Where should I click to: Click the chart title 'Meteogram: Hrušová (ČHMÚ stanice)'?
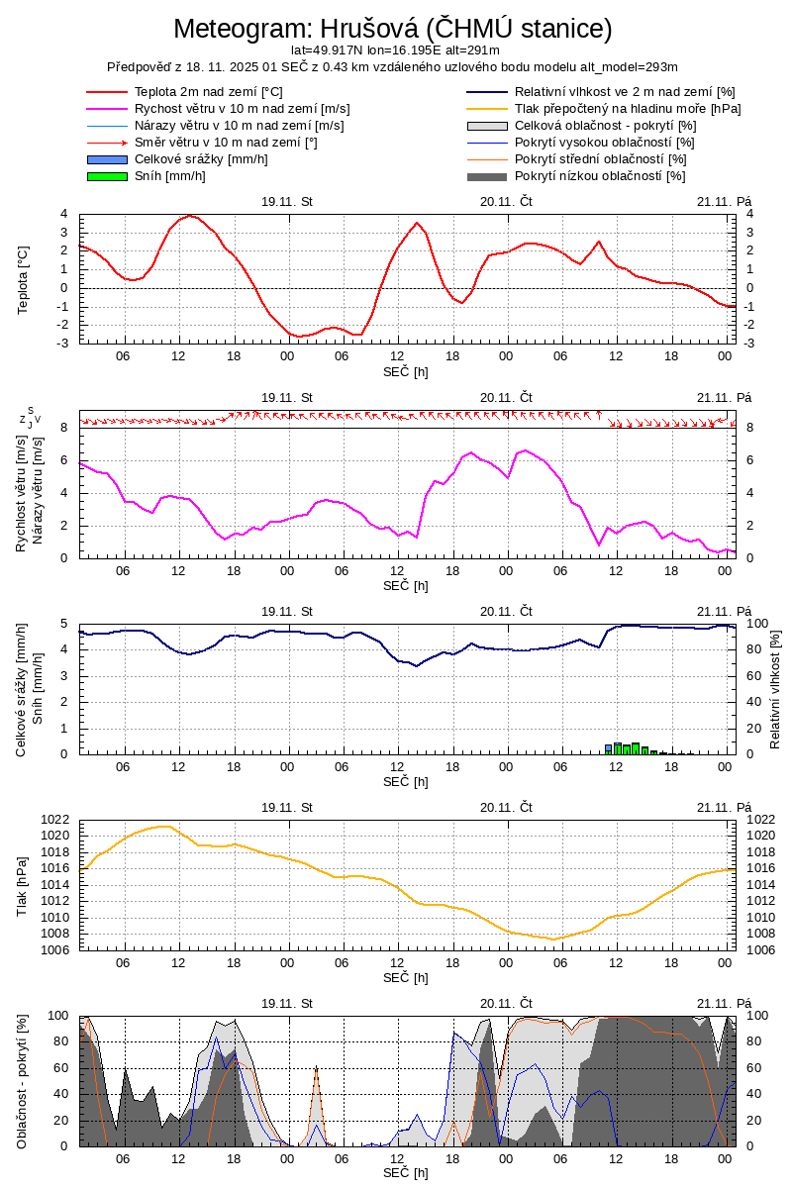393,28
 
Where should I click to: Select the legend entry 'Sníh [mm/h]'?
169,176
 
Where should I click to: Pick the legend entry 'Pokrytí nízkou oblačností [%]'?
600,176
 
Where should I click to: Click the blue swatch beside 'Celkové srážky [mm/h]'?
107,159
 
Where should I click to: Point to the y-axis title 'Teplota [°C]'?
23,278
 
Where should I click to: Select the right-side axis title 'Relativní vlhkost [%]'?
775,688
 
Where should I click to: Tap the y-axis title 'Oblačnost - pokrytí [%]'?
23,1081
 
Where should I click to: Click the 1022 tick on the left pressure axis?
55,820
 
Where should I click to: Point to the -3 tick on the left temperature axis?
63,344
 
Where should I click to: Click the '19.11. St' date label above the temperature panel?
287,201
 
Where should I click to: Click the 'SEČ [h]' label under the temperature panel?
406,371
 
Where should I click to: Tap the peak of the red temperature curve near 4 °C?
190,216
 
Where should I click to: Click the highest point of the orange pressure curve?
163,826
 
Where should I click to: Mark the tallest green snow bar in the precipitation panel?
636,747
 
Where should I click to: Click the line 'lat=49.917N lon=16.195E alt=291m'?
395,49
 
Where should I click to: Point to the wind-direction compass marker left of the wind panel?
31,419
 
